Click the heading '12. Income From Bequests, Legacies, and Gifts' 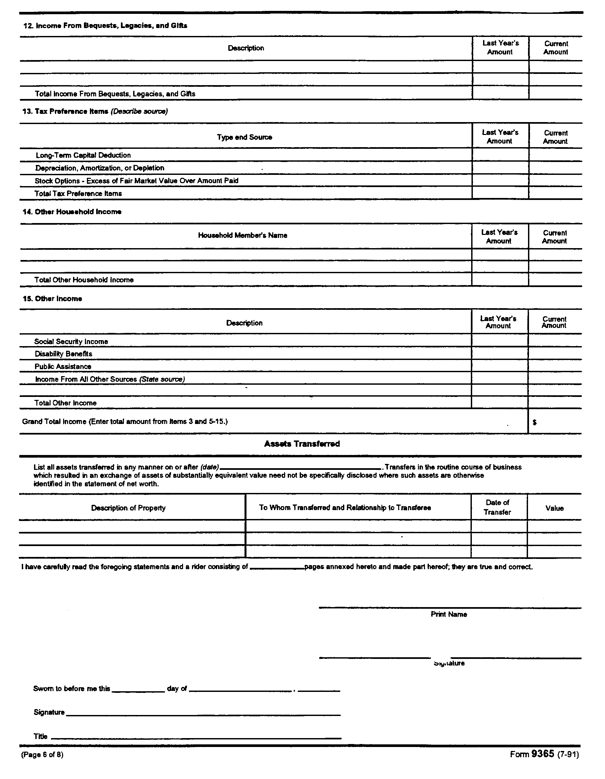point(105,26)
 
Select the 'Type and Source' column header point(245,137)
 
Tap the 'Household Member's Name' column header point(243,235)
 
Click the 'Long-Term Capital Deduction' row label point(83,155)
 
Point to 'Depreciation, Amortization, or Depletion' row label point(100,168)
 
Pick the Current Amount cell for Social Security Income point(555,341)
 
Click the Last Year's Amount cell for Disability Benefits point(499,353)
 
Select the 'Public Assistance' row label point(63,367)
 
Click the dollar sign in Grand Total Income point(535,422)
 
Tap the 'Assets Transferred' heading point(302,444)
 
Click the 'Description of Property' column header point(128,508)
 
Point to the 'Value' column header point(554,508)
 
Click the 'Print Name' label point(449,614)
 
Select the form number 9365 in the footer point(543,754)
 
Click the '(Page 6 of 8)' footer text point(43,754)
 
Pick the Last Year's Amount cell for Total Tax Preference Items point(500,193)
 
